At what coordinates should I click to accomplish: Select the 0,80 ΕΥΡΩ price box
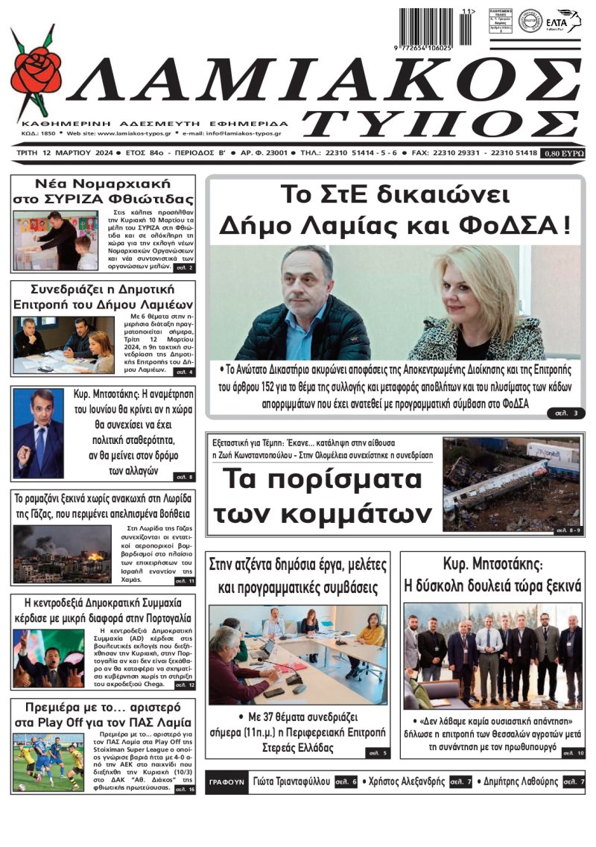click(564, 153)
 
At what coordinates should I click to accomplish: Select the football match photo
click(48, 761)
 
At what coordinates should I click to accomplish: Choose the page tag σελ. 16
click(184, 790)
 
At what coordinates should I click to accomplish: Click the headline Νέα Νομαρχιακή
click(103, 183)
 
